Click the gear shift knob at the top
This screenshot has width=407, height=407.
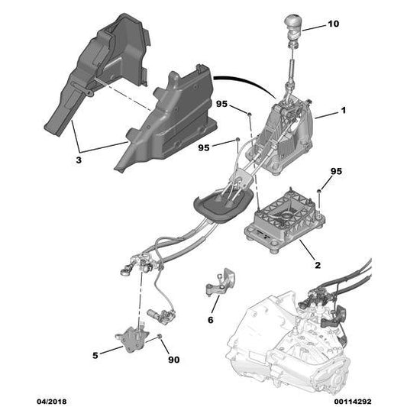(x=294, y=24)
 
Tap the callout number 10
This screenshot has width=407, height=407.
(x=333, y=24)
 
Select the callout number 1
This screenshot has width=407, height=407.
(x=344, y=110)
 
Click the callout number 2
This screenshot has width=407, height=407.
(x=318, y=265)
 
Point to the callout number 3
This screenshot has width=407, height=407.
(x=79, y=160)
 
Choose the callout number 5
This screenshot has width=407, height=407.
(x=95, y=355)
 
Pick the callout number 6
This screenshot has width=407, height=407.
(x=210, y=320)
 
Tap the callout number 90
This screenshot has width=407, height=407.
(x=173, y=360)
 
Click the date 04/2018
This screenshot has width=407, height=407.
(x=51, y=402)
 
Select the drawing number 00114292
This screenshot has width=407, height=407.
(x=353, y=402)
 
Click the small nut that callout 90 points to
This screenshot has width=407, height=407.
(x=160, y=337)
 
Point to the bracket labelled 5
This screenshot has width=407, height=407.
(x=132, y=338)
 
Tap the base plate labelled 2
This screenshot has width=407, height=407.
(x=285, y=221)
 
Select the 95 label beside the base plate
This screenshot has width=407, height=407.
(x=336, y=171)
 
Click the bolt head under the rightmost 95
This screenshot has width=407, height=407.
(x=319, y=192)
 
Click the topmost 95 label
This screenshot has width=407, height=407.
(x=221, y=104)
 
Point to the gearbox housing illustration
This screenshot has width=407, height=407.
(x=288, y=343)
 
